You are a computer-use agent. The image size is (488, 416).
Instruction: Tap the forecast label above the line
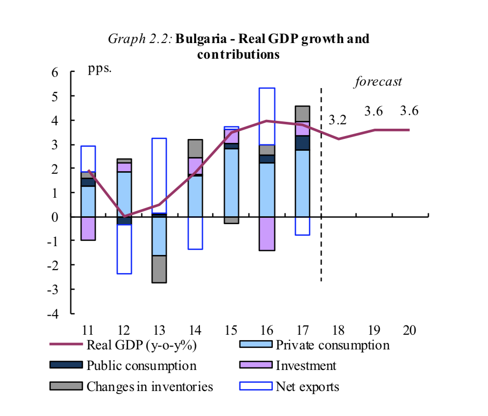[x=377, y=81]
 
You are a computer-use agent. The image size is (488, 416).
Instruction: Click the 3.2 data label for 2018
[x=337, y=120]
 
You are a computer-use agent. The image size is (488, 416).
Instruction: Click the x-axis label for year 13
[x=159, y=329]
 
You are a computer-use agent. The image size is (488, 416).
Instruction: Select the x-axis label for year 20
[x=409, y=329]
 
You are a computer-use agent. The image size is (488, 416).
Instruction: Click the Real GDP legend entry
[x=141, y=345]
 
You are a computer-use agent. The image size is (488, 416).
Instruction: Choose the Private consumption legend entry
[x=333, y=345]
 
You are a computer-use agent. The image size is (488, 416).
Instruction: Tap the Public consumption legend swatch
[x=66, y=366]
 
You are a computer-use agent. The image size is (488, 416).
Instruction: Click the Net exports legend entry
[x=307, y=387]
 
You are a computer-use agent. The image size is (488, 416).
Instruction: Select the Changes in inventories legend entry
[x=150, y=387]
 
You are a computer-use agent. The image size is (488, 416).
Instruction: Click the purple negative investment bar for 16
[x=266, y=233]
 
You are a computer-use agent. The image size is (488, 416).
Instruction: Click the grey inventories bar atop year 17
[x=302, y=114]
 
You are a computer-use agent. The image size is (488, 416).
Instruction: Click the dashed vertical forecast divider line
[x=321, y=186]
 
